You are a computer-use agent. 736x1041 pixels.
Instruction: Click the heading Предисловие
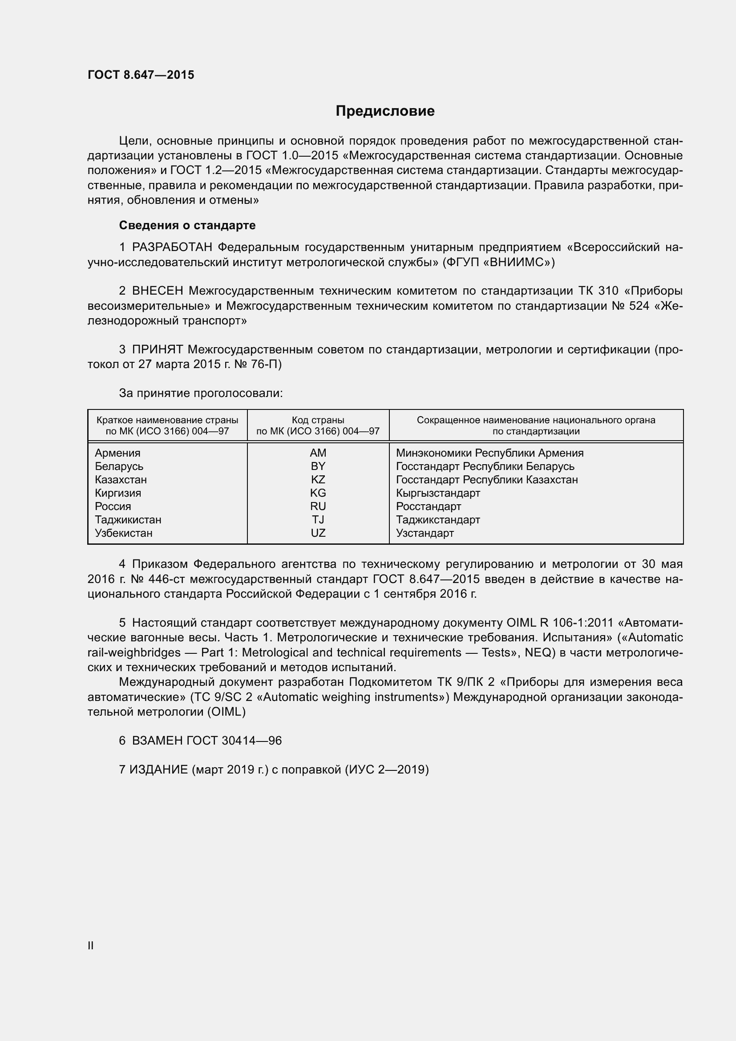pos(385,111)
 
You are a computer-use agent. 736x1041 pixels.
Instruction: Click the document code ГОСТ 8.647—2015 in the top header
pos(141,75)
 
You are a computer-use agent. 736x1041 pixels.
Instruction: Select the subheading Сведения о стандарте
pos(187,225)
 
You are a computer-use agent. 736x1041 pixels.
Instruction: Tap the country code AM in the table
pos(318,453)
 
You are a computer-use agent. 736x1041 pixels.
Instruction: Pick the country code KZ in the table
pos(318,480)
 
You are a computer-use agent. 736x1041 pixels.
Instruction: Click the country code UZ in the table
pos(318,533)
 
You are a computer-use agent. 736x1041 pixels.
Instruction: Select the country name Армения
pos(117,453)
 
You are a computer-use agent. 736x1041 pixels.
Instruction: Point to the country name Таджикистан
pos(128,519)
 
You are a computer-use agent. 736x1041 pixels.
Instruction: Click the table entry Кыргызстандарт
pos(438,493)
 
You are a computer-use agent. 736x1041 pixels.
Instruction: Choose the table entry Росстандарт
pos(428,506)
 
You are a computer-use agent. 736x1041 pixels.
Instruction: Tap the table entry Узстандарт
pos(425,533)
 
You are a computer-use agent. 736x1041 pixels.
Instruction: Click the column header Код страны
pos(318,420)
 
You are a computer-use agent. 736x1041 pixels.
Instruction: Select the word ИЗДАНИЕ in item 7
pos(158,770)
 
